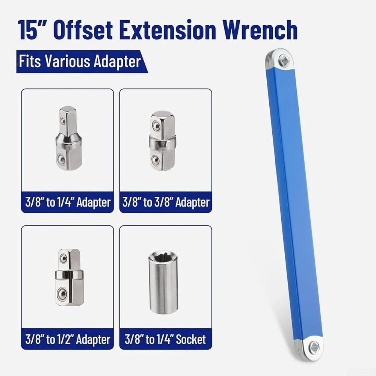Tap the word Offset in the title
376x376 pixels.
pyautogui.click(x=83, y=30)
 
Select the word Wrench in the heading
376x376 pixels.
pyautogui.click(x=261, y=30)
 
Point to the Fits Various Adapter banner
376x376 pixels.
pyautogui.click(x=82, y=62)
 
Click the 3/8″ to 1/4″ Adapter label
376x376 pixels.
pyautogui.click(x=68, y=202)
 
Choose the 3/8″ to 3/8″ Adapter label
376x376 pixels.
pyautogui.click(x=166, y=202)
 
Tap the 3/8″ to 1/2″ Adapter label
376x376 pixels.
pyautogui.click(x=68, y=339)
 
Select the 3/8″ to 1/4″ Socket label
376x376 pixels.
pyautogui.click(x=165, y=339)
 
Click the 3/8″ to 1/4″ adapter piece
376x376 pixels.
pyautogui.click(x=69, y=138)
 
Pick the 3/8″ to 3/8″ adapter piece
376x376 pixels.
pyautogui.click(x=163, y=141)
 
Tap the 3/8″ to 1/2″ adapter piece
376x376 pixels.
pyautogui.click(x=69, y=277)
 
